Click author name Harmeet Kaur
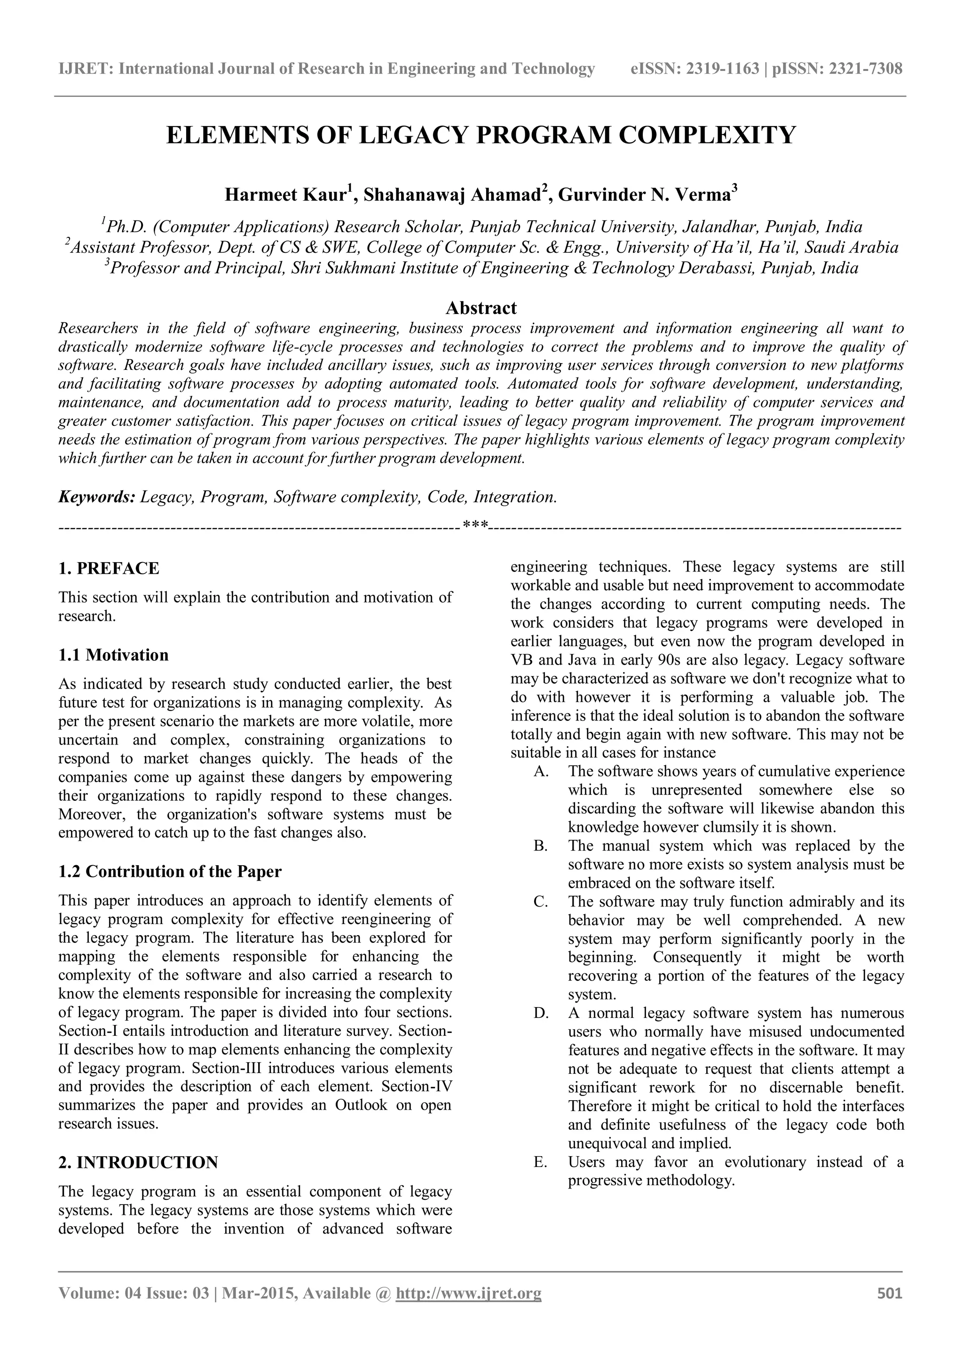[284, 195]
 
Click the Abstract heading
[481, 308]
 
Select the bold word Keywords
[96, 497]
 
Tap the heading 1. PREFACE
[109, 569]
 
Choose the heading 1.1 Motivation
[113, 655]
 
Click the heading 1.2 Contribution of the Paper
[170, 871]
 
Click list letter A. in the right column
[541, 772]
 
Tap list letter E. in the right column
[540, 1162]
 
